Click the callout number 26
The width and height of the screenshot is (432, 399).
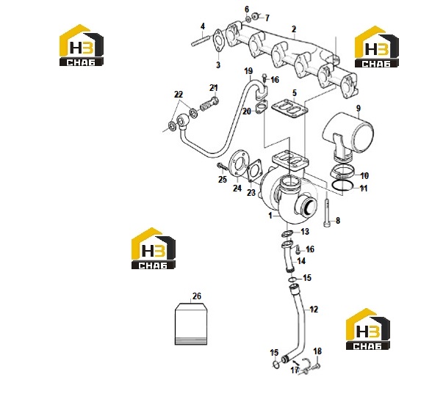pos(196,296)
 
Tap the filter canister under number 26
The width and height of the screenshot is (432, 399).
pos(191,324)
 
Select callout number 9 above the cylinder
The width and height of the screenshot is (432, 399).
pos(359,108)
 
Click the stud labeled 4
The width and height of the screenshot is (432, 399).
pos(201,40)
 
